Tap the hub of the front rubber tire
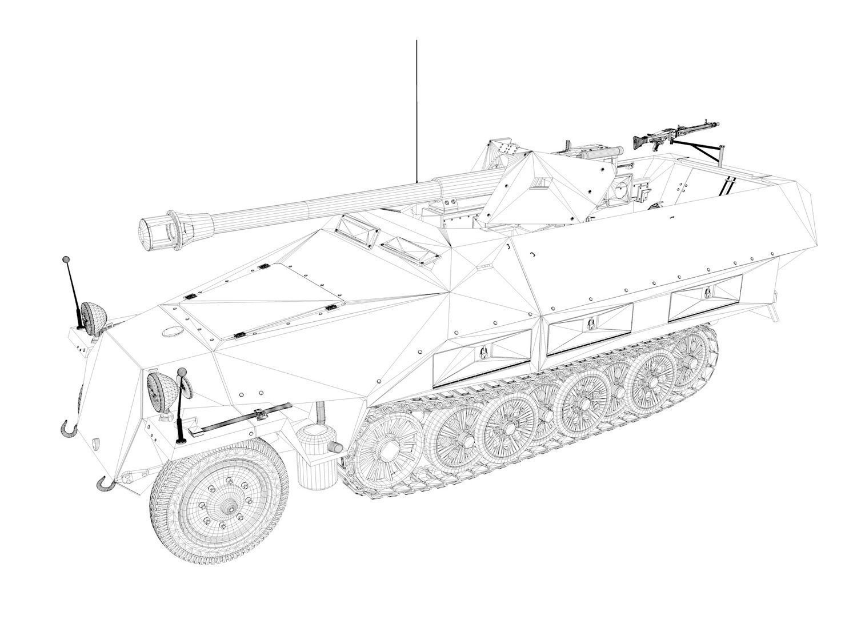tap(229, 508)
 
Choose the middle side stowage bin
tap(590, 327)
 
